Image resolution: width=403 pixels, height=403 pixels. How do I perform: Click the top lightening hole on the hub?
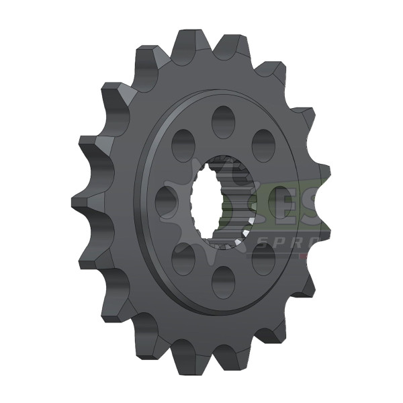[x=222, y=122]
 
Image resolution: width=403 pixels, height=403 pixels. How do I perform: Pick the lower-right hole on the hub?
[x=264, y=258]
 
